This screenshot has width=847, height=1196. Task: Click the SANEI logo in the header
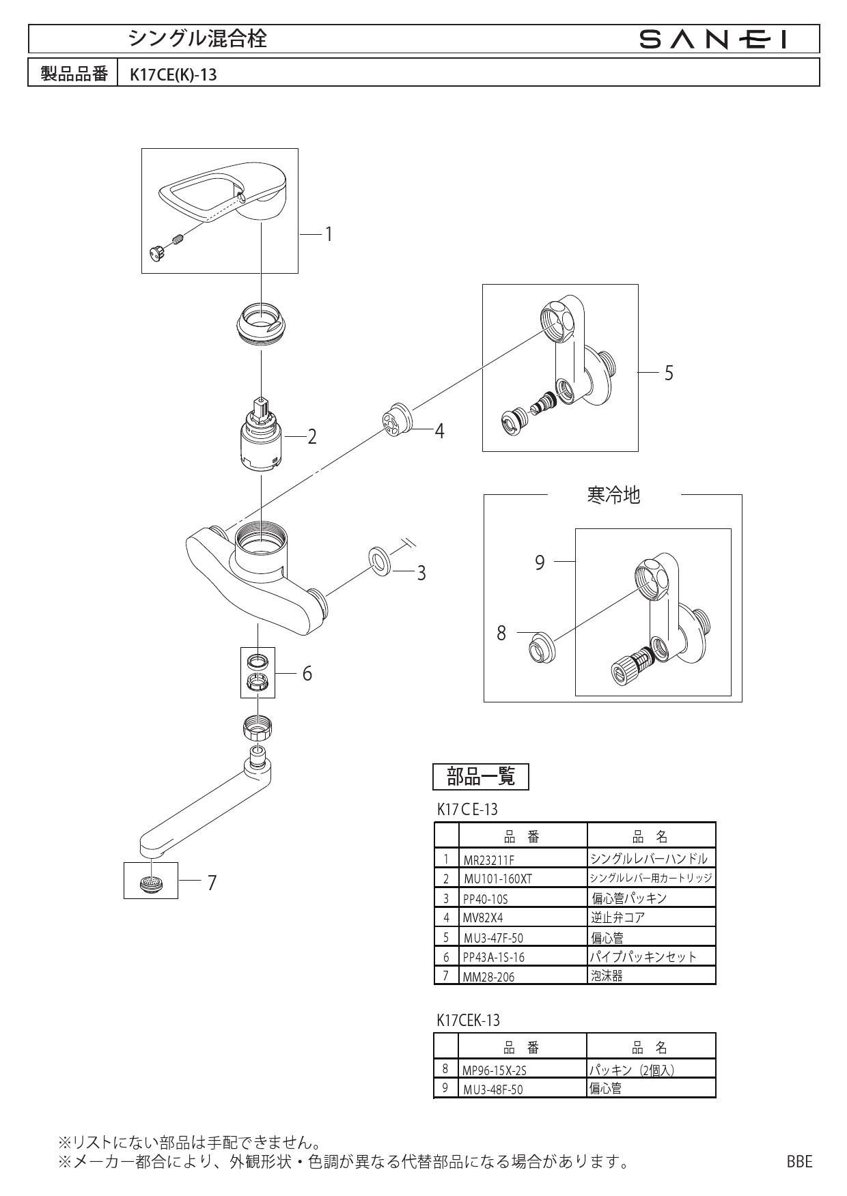714,40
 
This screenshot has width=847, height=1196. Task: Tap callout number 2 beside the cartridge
312,436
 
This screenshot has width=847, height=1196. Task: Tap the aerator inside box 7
150,883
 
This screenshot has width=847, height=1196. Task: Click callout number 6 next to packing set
307,674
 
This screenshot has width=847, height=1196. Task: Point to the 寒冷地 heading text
613,495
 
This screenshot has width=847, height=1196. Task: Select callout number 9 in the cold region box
540,563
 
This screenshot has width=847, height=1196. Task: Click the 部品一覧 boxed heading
481,776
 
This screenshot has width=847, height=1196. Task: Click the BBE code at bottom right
799,1161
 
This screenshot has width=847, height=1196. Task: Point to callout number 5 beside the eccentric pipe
669,373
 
